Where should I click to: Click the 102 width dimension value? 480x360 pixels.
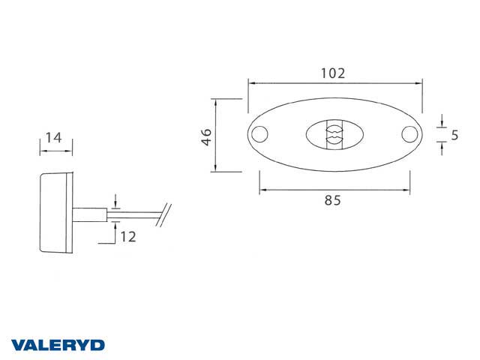pyautogui.click(x=332, y=73)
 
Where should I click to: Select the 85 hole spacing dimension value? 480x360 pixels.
pyautogui.click(x=334, y=200)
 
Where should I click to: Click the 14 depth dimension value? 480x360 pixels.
pyautogui.click(x=53, y=137)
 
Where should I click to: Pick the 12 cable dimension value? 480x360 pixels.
pyautogui.click(x=127, y=237)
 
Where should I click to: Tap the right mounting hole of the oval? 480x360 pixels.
pyautogui.click(x=409, y=135)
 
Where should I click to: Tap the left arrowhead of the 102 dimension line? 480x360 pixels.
pyautogui.click(x=250, y=82)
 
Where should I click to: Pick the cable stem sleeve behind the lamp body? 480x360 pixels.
pyautogui.click(x=88, y=215)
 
